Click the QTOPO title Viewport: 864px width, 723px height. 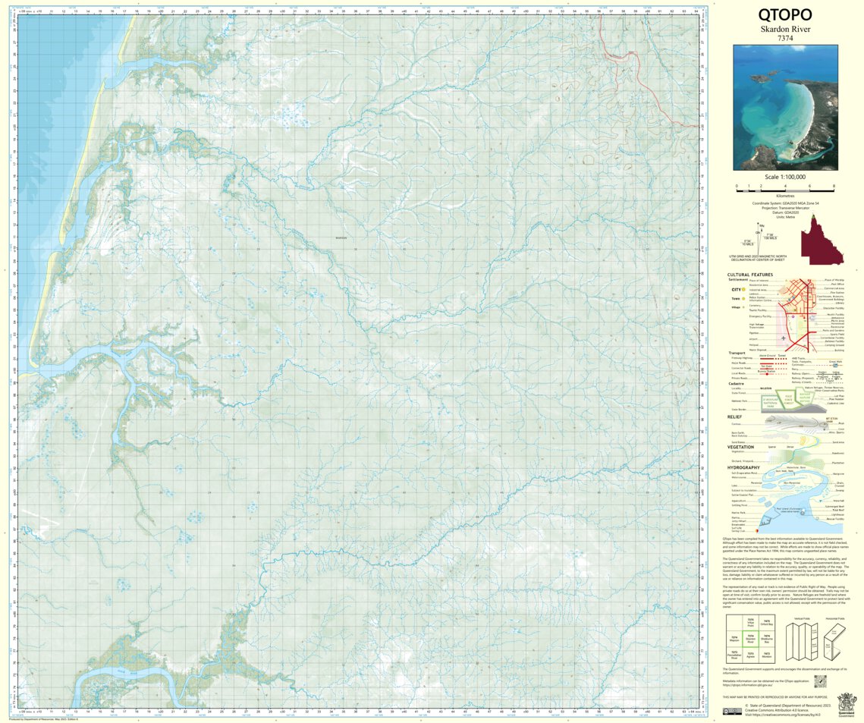pos(785,14)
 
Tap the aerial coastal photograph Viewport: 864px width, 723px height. pos(785,107)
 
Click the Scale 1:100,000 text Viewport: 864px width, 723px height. pos(785,177)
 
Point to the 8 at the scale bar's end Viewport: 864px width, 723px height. pos(834,186)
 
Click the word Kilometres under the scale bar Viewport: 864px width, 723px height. pos(785,196)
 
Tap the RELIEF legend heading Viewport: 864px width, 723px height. pos(735,417)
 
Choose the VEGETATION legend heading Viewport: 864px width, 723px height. pos(740,447)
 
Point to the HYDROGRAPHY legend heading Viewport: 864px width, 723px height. pos(743,468)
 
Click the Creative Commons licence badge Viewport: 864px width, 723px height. pos(733,710)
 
